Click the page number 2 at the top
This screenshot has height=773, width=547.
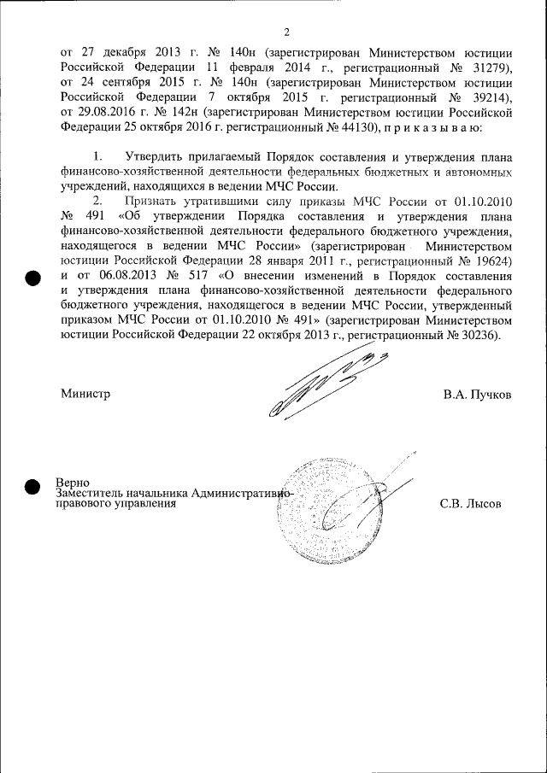[x=286, y=32]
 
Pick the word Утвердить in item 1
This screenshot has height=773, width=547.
[x=152, y=157]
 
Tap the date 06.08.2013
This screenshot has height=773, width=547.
[x=120, y=276]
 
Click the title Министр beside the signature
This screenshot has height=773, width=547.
[x=85, y=395]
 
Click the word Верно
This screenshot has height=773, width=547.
[x=73, y=483]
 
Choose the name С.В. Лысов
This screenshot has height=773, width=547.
[x=470, y=504]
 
